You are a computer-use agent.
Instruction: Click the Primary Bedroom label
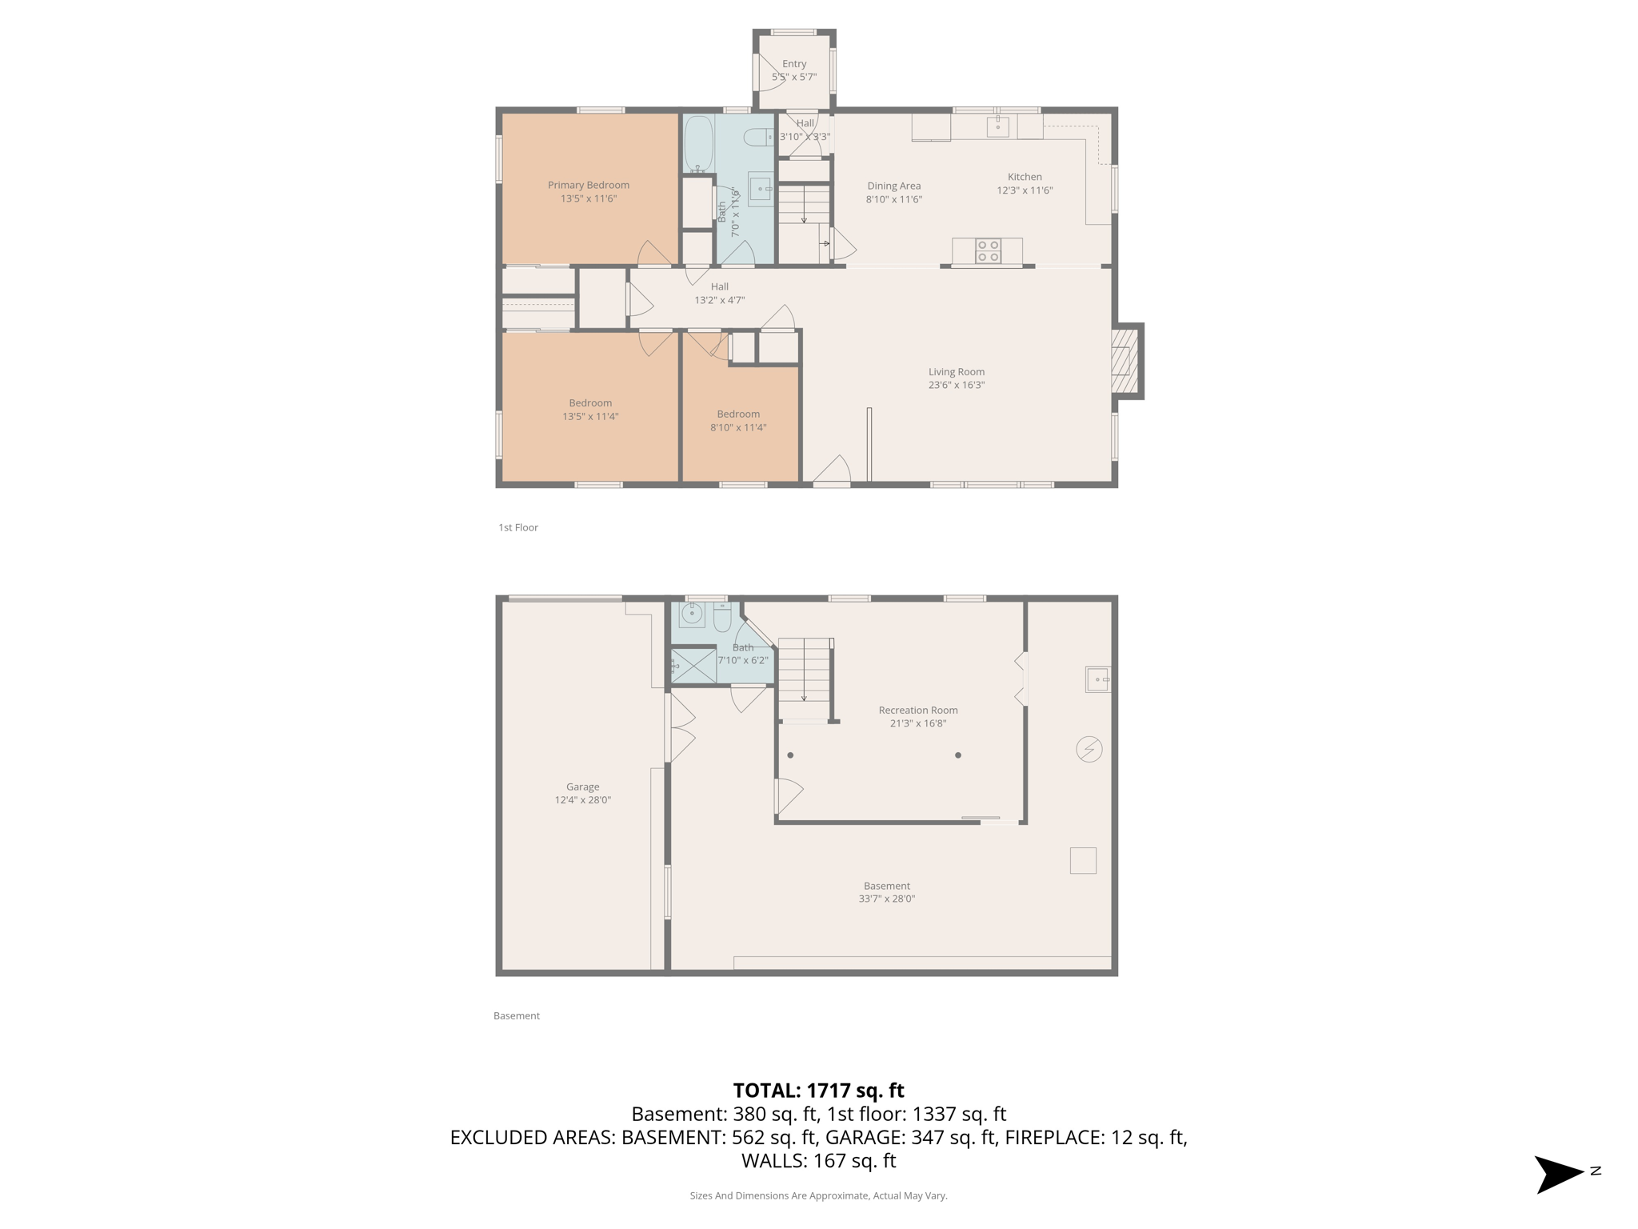click(x=588, y=185)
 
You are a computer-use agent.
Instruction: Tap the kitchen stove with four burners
click(x=989, y=251)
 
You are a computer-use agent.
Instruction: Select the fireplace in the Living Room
click(x=1125, y=361)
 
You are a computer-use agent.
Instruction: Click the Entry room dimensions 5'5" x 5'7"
click(x=793, y=77)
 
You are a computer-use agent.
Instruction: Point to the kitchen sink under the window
click(x=997, y=126)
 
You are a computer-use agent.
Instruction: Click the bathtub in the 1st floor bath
click(x=699, y=144)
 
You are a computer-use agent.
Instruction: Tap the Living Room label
click(x=956, y=371)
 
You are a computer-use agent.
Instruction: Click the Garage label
click(x=582, y=787)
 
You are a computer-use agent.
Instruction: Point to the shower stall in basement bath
click(x=693, y=665)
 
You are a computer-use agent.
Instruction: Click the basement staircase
click(x=805, y=671)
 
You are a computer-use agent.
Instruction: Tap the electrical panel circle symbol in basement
click(x=1089, y=750)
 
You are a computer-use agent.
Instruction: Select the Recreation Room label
click(x=917, y=710)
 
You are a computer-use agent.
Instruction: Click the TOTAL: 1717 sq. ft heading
click(x=818, y=1090)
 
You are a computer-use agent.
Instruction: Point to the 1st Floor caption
click(x=518, y=527)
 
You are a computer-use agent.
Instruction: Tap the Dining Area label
click(x=893, y=186)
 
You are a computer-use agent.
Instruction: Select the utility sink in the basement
click(x=1097, y=679)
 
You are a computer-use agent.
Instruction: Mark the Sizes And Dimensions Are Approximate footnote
click(x=818, y=1195)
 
